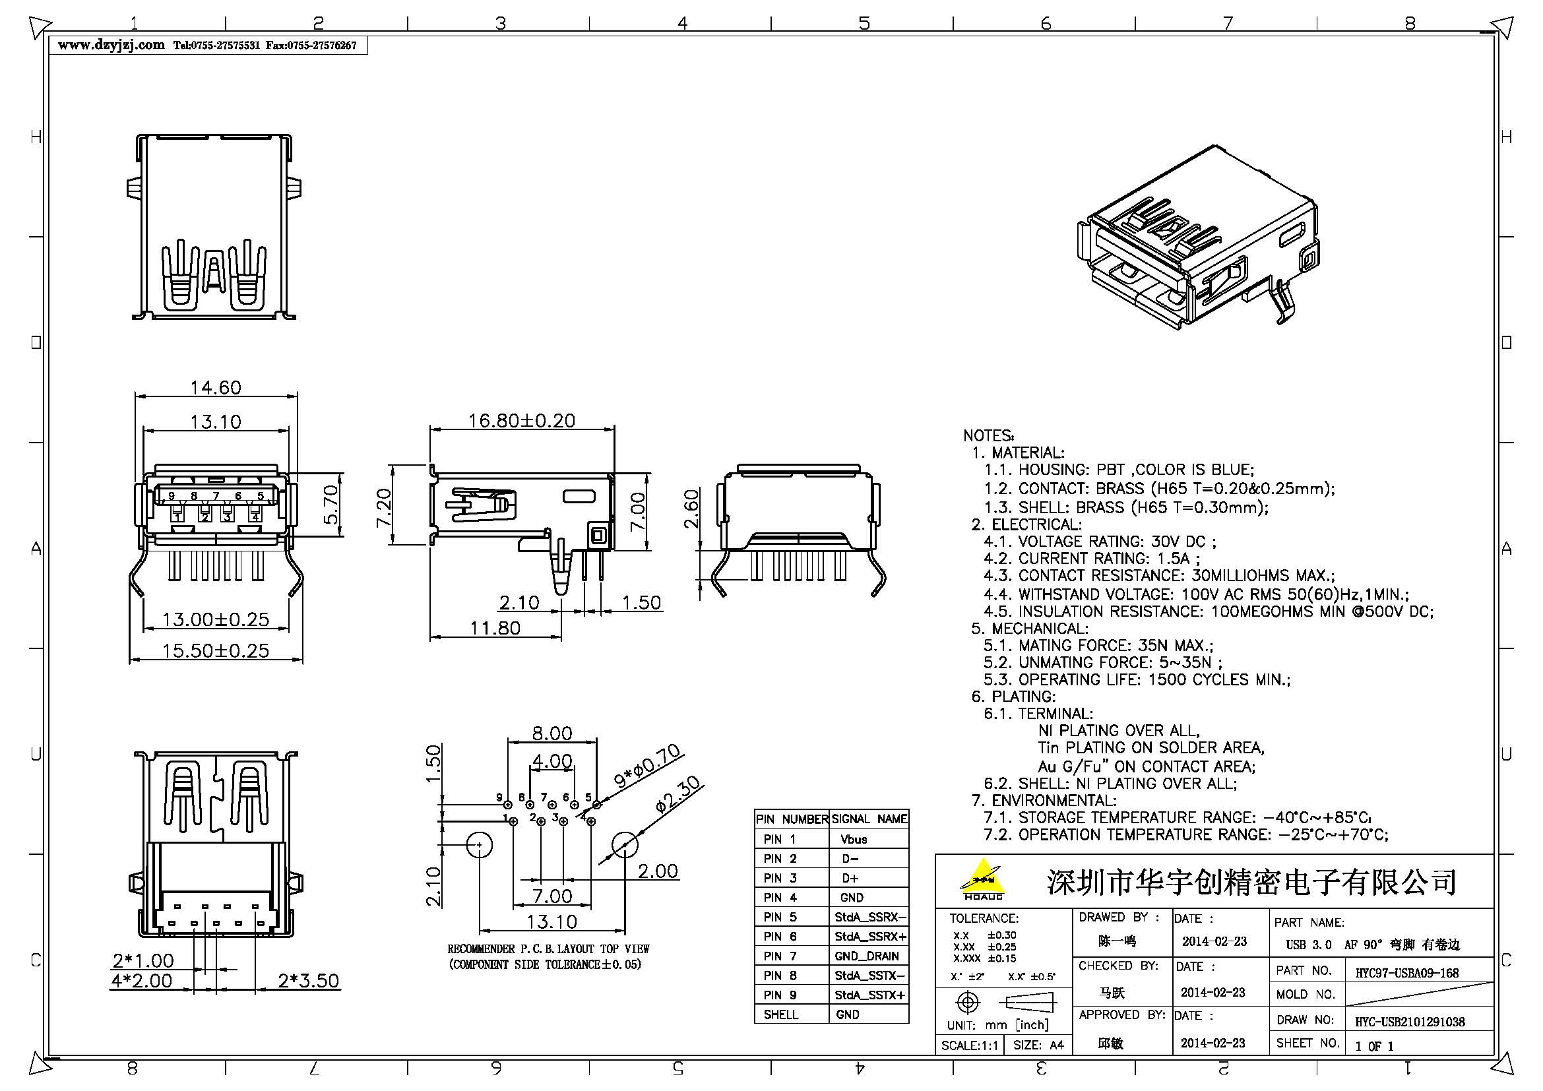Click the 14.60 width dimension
(215, 388)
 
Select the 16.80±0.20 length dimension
(522, 421)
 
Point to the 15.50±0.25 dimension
(215, 650)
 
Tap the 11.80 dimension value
(495, 628)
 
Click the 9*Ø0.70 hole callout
(646, 766)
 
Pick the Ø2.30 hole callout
(677, 795)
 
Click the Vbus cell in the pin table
(854, 839)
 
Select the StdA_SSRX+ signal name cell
(869, 937)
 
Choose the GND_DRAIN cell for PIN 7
(867, 956)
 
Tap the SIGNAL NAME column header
(869, 819)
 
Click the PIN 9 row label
(780, 995)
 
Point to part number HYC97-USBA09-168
(1406, 973)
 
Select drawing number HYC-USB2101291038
(1409, 1022)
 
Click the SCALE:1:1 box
(969, 1045)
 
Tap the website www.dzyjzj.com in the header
(111, 45)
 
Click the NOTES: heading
(988, 435)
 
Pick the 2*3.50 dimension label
(309, 980)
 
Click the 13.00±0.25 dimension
(215, 619)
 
